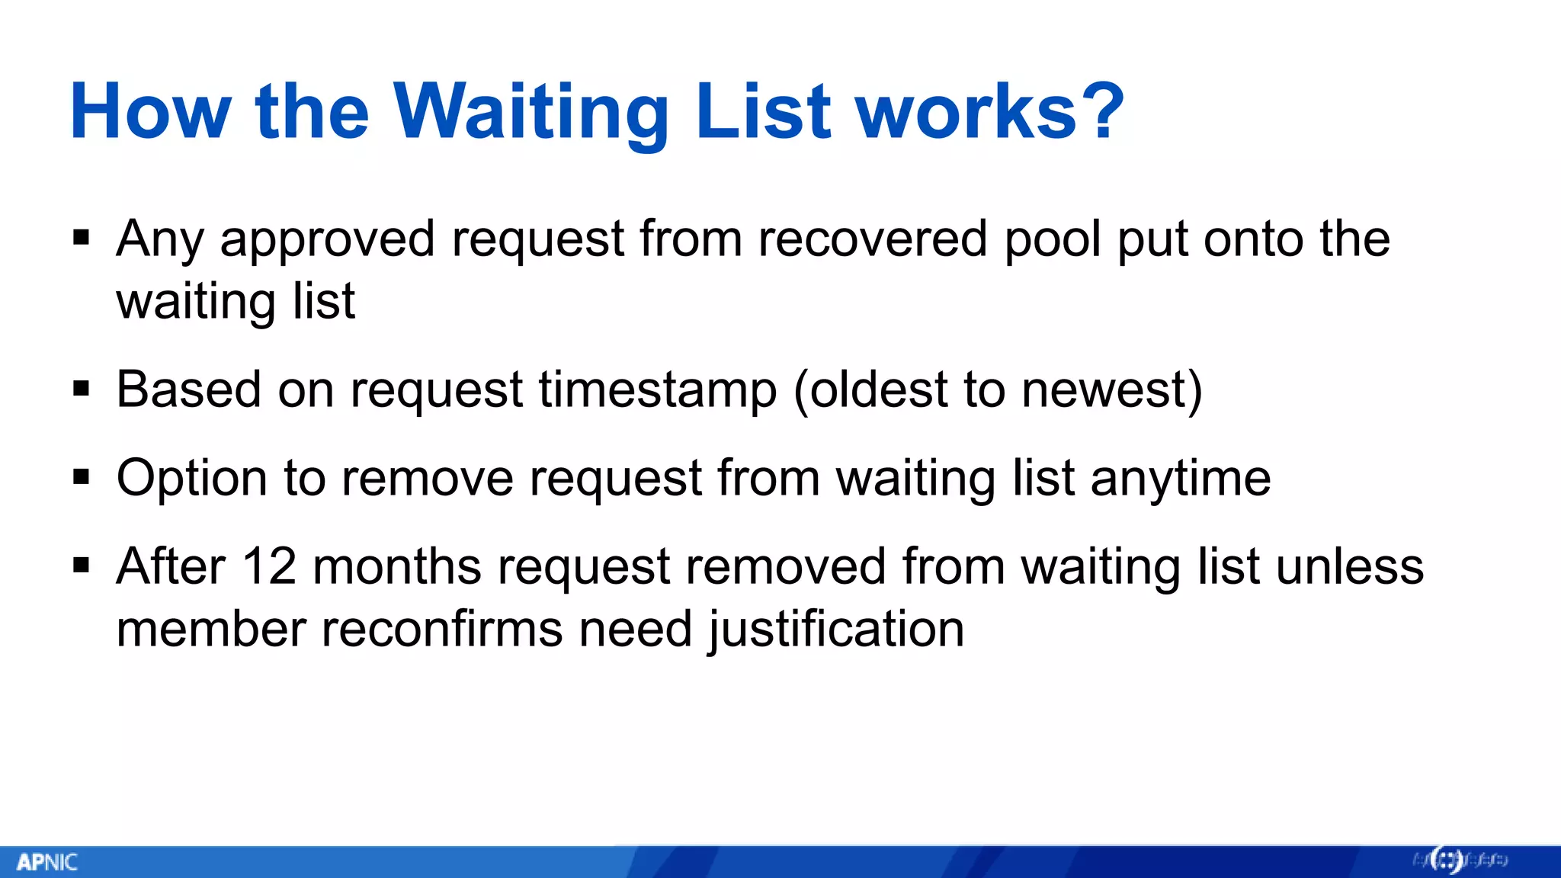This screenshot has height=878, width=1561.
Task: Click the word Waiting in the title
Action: tap(530, 113)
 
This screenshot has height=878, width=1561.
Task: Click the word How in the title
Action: tap(149, 113)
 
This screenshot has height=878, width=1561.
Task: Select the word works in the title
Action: tap(966, 113)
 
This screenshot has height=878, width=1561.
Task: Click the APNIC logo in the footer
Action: tap(47, 862)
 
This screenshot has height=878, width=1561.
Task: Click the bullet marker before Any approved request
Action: tap(82, 239)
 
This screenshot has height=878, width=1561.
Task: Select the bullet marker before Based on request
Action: tap(82, 389)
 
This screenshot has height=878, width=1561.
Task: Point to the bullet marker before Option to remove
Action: tap(82, 478)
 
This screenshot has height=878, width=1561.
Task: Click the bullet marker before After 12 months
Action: tap(82, 566)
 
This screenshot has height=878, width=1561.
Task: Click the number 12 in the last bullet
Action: tap(268, 566)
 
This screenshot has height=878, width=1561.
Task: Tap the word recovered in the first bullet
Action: tap(872, 239)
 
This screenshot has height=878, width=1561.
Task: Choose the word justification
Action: tap(836, 630)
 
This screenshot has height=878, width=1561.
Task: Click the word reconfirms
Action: tap(441, 630)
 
